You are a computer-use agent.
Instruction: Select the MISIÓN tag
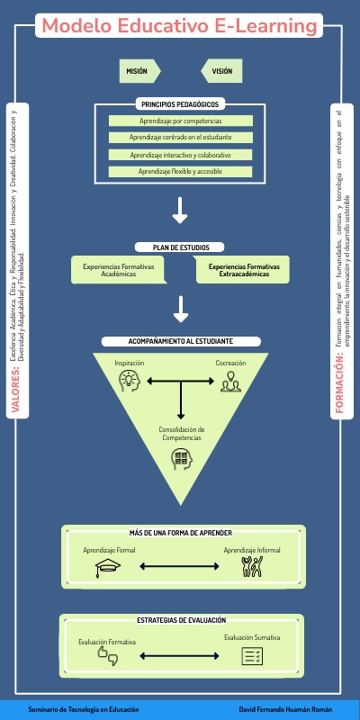click(x=139, y=70)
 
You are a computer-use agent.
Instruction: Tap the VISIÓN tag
click(x=221, y=70)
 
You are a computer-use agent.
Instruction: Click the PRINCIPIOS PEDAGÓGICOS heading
click(x=180, y=104)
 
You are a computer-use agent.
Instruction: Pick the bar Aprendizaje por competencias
click(x=180, y=121)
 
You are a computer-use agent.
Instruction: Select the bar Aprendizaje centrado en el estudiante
click(x=180, y=138)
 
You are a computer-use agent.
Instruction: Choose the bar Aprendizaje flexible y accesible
click(x=180, y=171)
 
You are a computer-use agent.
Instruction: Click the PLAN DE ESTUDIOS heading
click(x=180, y=247)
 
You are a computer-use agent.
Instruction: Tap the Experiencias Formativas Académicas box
click(x=119, y=270)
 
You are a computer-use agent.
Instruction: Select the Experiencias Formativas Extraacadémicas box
click(x=244, y=270)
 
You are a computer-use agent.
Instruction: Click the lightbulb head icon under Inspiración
click(x=130, y=382)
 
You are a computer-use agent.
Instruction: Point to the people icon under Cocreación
click(x=231, y=382)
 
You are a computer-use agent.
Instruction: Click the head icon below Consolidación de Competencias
click(x=182, y=459)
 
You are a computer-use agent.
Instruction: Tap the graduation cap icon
click(x=109, y=567)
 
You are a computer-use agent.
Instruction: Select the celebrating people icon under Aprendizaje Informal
click(x=251, y=567)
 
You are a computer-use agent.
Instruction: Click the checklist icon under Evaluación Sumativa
click(x=252, y=656)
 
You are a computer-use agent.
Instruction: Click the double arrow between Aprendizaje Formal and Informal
click(x=180, y=567)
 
